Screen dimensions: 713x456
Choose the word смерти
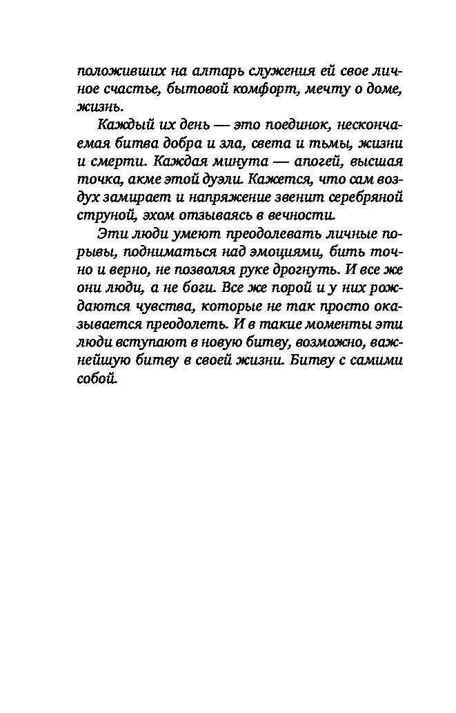117,162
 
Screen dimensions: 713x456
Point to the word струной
101,215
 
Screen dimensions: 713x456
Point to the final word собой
95,378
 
